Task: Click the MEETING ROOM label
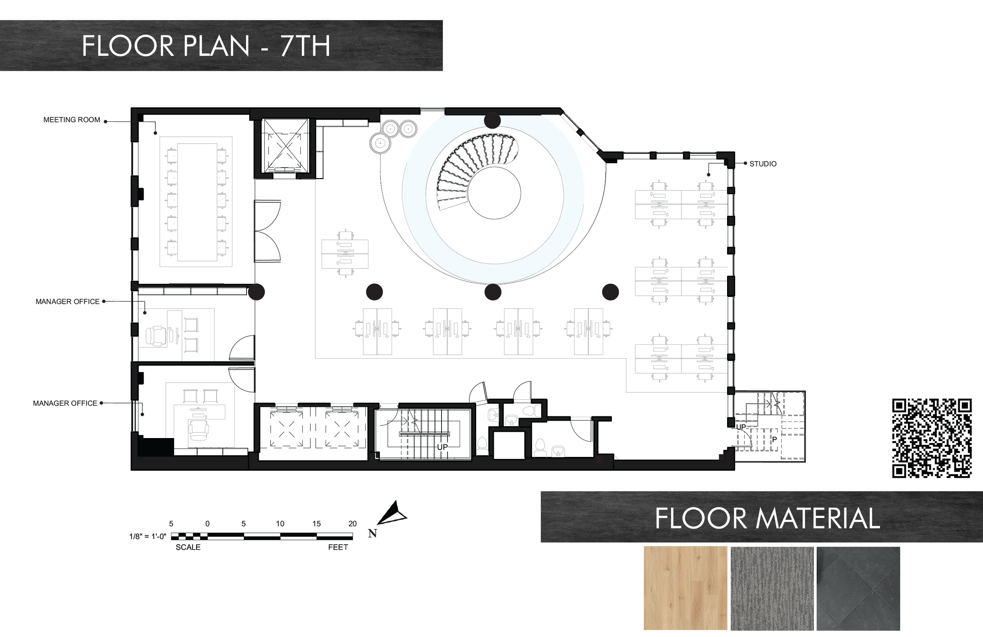[x=72, y=120]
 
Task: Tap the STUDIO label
[x=763, y=164]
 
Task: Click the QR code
[x=932, y=438]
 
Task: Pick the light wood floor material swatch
[x=685, y=588]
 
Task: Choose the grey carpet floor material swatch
[x=772, y=588]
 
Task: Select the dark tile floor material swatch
[x=858, y=588]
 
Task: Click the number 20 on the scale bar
[x=352, y=523]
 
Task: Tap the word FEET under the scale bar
[x=338, y=547]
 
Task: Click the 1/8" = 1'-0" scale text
[x=147, y=536]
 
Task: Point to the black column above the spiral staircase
[x=492, y=121]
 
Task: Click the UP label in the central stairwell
[x=442, y=447]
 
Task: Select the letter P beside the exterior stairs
[x=775, y=439]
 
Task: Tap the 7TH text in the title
[x=305, y=46]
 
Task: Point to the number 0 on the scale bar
[x=207, y=523]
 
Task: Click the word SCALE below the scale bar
[x=188, y=547]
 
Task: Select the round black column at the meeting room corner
[x=256, y=292]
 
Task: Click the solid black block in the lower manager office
[x=155, y=447]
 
